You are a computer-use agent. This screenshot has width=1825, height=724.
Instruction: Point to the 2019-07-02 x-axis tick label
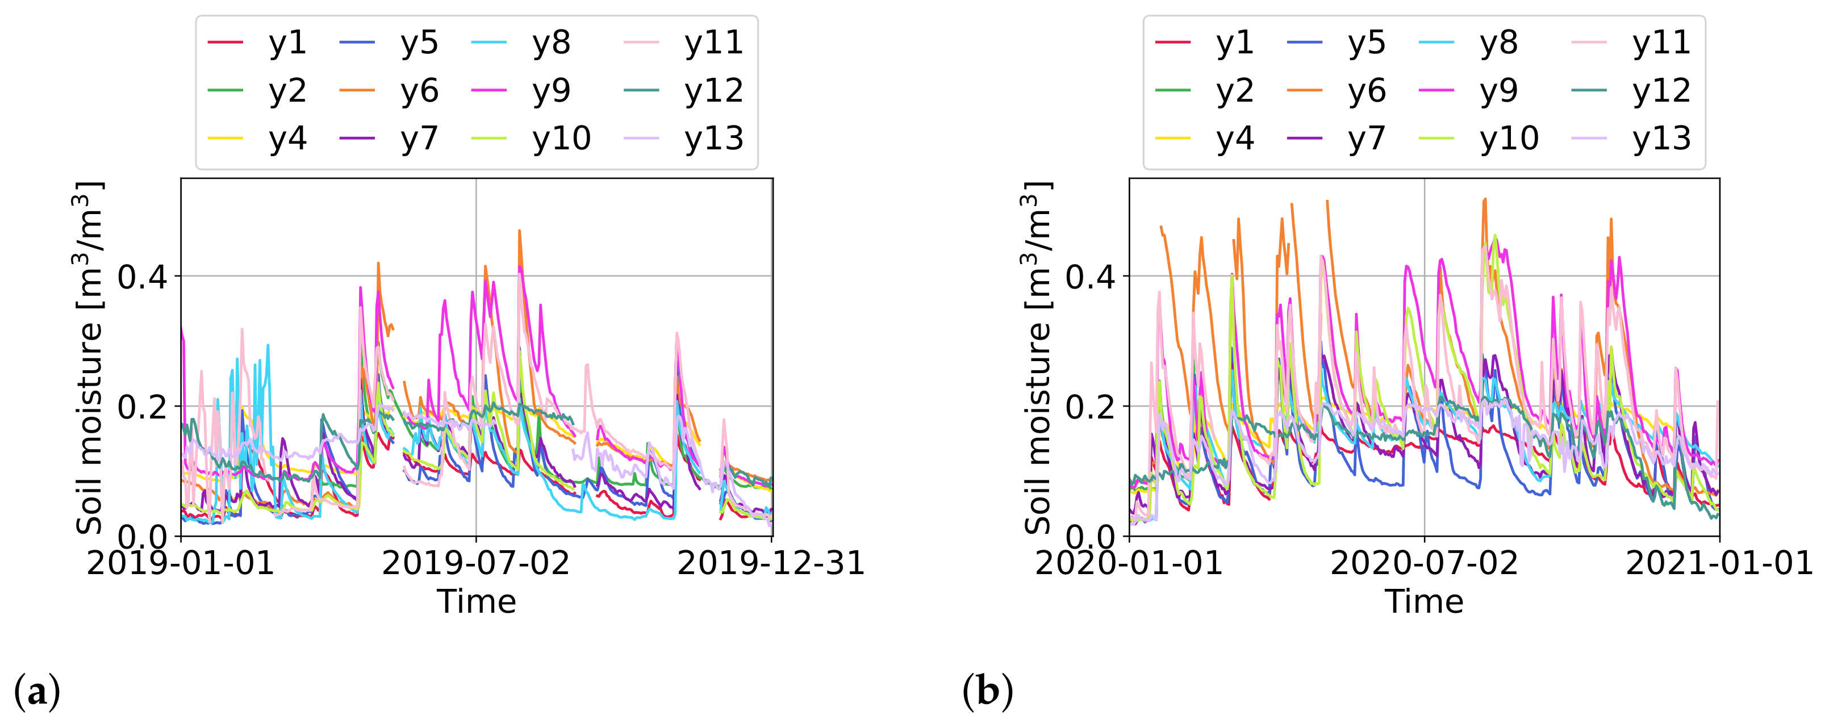475,564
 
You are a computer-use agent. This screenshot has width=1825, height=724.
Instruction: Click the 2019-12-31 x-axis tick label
771,564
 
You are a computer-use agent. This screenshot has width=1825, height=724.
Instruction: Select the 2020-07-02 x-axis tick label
1424,564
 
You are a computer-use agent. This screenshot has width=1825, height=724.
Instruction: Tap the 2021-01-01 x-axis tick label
1719,564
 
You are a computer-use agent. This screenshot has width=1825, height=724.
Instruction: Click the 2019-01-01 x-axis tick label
181,564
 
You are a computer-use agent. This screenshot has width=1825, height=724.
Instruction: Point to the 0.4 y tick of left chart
143,277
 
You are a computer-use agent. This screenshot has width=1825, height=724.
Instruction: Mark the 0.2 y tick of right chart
1091,407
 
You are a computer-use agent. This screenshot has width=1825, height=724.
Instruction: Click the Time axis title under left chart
476,602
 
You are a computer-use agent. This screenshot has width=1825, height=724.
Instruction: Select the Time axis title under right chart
1424,602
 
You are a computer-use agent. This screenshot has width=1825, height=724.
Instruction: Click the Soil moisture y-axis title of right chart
1037,358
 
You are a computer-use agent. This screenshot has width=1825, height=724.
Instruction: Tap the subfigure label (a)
37,692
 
